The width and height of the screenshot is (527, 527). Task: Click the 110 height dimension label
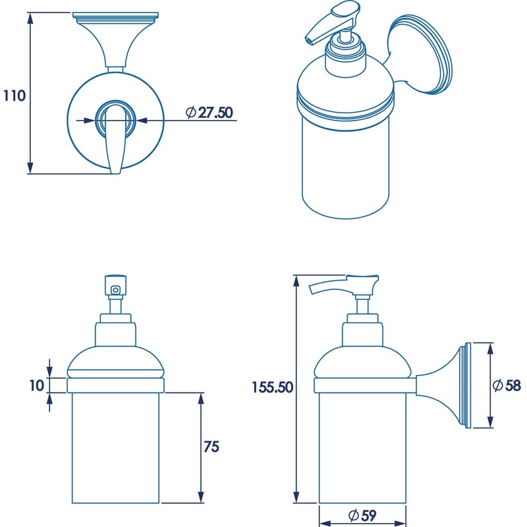click(14, 96)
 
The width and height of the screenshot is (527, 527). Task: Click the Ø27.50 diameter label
click(209, 113)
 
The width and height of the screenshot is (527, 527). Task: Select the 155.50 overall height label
click(271, 387)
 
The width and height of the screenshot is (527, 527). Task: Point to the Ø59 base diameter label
click(361, 514)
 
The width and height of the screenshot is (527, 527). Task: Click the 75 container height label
click(211, 447)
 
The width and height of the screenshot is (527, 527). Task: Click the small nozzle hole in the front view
click(116, 289)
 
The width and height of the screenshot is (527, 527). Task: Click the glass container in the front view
click(116, 448)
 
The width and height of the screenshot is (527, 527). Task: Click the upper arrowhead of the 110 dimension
click(30, 18)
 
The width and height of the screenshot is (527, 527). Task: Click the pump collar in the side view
click(362, 333)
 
